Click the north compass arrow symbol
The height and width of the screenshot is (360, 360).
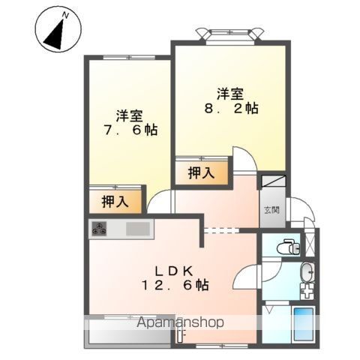(56, 31)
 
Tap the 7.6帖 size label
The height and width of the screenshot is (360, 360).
(126, 130)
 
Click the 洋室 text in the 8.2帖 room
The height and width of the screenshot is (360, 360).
(229, 93)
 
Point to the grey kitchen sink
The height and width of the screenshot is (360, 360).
(138, 229)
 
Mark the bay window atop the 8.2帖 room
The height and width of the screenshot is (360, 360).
(229, 34)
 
